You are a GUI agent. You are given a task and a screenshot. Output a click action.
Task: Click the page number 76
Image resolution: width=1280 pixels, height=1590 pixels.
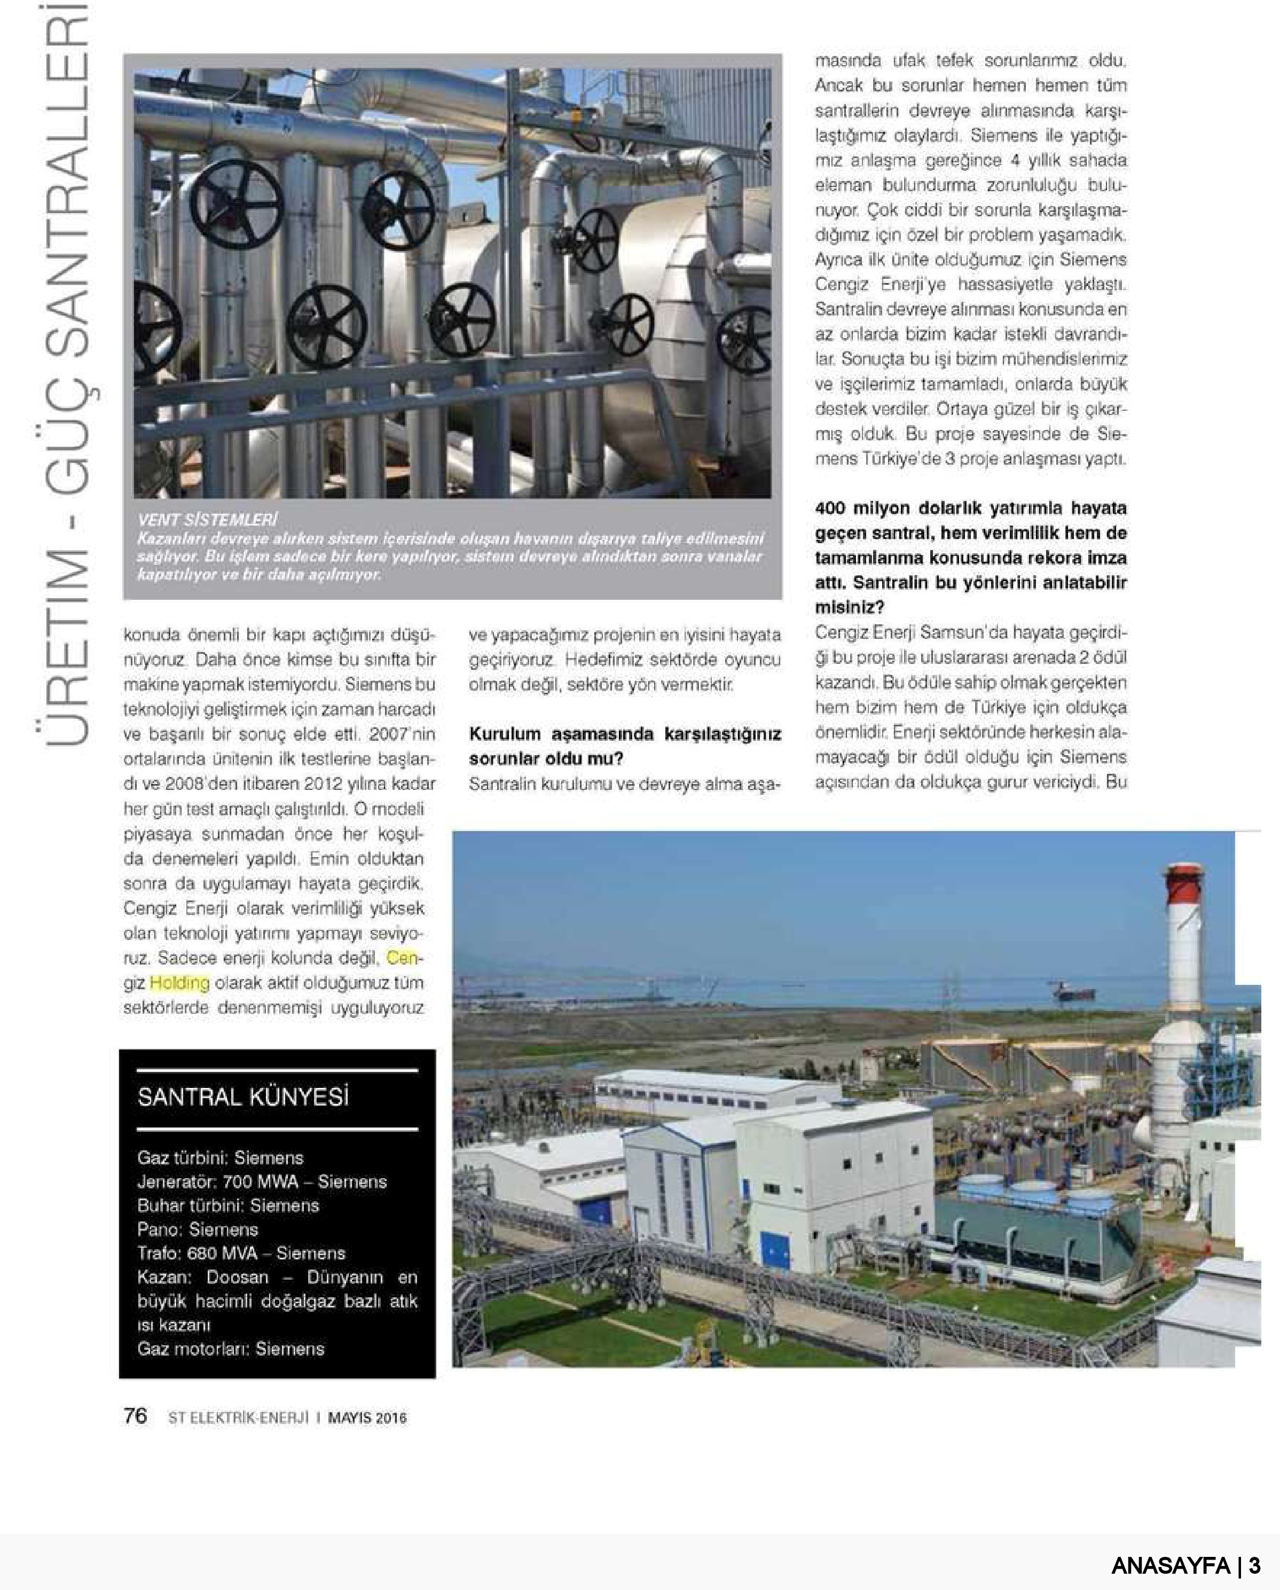tap(135, 1416)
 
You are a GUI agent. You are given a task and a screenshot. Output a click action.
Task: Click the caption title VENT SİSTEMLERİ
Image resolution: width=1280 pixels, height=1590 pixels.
tap(207, 519)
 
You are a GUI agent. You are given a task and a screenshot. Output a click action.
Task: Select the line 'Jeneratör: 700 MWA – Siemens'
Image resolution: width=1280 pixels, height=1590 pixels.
tap(262, 1181)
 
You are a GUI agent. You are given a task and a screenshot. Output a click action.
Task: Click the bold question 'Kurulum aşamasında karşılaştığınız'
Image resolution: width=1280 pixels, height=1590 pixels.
tap(625, 734)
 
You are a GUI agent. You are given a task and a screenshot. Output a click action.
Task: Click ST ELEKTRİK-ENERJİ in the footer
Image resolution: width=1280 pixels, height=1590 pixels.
tap(238, 1417)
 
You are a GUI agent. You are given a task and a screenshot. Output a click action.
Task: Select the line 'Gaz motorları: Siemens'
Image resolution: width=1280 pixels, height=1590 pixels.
tap(230, 1349)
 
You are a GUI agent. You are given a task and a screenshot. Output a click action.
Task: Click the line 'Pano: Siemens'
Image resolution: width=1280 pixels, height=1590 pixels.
tap(198, 1229)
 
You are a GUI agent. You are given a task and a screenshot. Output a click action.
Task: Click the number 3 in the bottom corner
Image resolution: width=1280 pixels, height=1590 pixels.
tap(1254, 1565)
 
